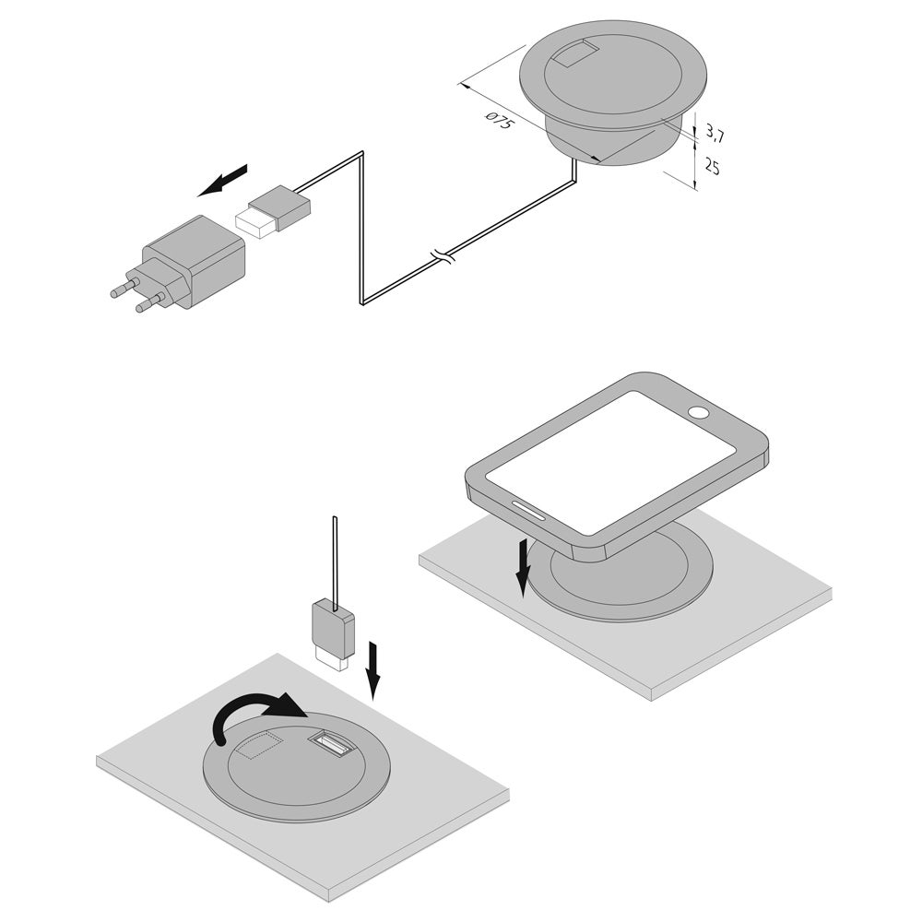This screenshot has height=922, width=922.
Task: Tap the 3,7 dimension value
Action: pyautogui.click(x=715, y=134)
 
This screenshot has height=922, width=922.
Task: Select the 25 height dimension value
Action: pyautogui.click(x=712, y=167)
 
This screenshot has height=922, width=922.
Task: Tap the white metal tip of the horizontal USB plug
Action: pyautogui.click(x=254, y=220)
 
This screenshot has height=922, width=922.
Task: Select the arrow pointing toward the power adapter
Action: pyautogui.click(x=222, y=180)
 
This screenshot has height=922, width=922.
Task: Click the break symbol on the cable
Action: pyautogui.click(x=443, y=255)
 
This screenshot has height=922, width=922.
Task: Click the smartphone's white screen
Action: pyautogui.click(x=610, y=463)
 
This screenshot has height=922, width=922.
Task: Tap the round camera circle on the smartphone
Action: pyautogui.click(x=700, y=412)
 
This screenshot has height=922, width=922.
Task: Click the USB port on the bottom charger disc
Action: pyautogui.click(x=329, y=744)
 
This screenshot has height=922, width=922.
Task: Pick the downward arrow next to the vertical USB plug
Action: pyautogui.click(x=372, y=671)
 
